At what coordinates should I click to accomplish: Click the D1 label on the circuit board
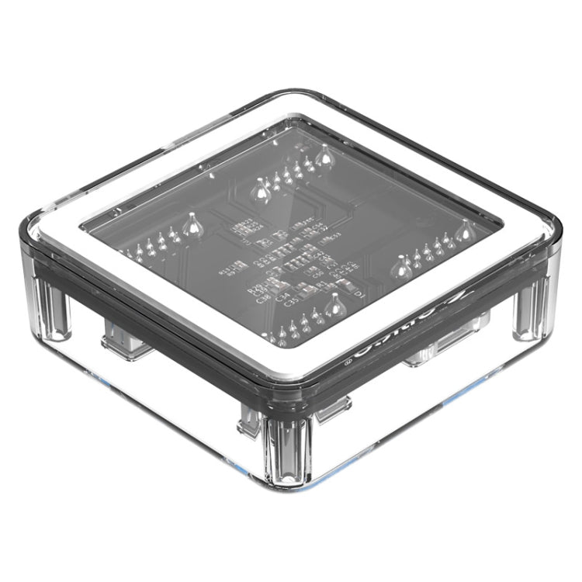(358, 296)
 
